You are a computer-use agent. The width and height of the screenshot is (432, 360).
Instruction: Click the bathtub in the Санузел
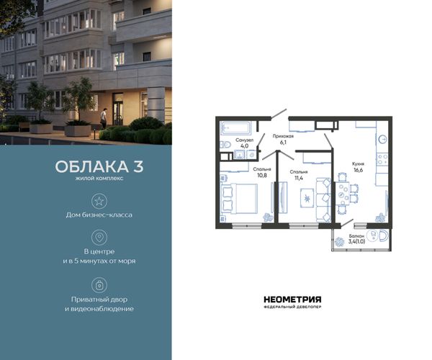click(235, 127)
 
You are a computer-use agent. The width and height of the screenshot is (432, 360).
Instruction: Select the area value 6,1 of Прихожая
click(283, 143)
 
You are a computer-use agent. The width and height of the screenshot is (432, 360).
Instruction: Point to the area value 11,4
click(299, 178)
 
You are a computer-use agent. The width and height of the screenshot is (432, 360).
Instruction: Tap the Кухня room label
click(358, 163)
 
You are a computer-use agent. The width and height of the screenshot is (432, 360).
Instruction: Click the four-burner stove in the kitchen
click(382, 159)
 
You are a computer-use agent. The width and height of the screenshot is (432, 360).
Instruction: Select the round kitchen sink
click(383, 140)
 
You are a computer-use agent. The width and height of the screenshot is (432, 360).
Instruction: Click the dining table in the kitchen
click(343, 194)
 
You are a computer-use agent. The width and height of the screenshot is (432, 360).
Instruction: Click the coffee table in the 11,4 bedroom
click(307, 198)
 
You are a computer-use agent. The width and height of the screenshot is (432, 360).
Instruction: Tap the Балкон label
click(356, 236)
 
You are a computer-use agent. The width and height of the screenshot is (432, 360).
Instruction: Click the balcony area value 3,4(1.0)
click(357, 242)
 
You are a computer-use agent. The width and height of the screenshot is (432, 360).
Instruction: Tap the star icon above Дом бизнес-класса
click(99, 201)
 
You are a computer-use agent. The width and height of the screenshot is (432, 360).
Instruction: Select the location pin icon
click(99, 237)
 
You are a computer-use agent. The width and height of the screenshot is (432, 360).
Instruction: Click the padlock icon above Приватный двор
click(99, 285)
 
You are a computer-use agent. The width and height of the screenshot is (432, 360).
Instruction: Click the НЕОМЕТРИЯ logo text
click(292, 300)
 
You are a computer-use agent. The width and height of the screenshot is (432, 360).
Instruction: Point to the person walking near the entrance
click(103, 118)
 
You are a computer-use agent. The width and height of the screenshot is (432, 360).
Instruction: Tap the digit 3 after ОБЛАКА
click(138, 166)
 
